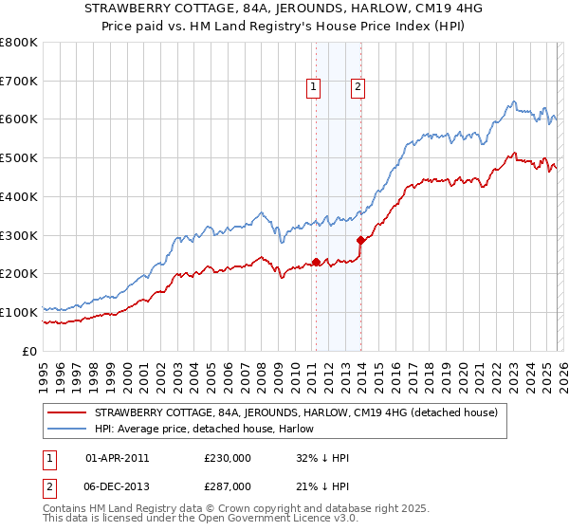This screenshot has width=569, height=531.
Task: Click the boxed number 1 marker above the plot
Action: click(314, 87)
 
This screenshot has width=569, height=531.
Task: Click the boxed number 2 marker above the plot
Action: click(358, 87)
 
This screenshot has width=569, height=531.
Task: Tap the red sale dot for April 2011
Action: click(316, 262)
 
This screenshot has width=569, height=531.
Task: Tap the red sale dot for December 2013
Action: click(360, 240)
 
